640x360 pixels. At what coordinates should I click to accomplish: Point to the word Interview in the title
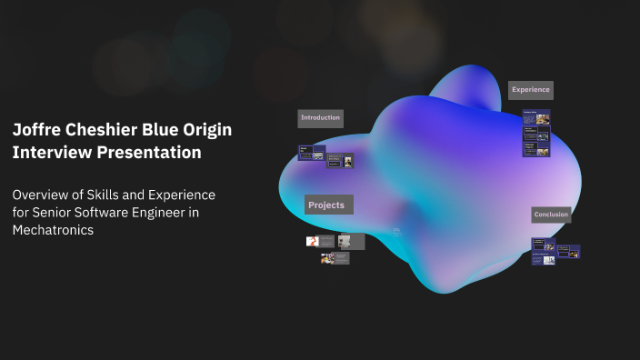pyautogui.click(x=49, y=153)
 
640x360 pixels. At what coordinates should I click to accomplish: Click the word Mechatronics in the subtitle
pyautogui.click(x=53, y=230)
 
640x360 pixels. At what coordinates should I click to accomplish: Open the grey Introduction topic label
pyautogui.click(x=320, y=118)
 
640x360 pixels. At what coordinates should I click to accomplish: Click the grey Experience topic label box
pyautogui.click(x=530, y=89)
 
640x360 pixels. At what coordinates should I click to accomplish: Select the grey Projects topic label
pyautogui.click(x=328, y=205)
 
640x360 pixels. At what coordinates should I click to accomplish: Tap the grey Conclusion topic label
pyautogui.click(x=551, y=215)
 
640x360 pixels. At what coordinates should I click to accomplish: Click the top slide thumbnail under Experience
pyautogui.click(x=535, y=118)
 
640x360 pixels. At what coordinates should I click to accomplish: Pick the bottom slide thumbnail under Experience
pyautogui.click(x=535, y=149)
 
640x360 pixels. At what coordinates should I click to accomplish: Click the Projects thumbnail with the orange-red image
pyautogui.click(x=314, y=241)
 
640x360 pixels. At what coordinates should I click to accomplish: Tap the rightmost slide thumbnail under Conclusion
pyautogui.click(x=568, y=251)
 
